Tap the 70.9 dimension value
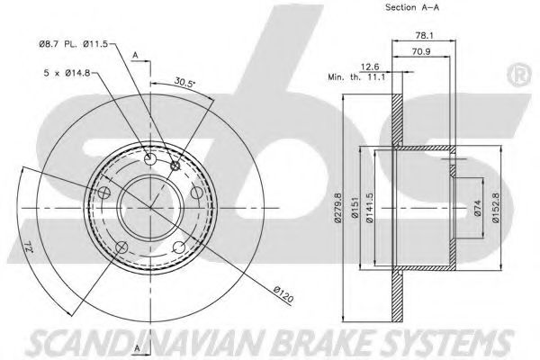tap(420, 51)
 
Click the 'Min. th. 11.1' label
tap(358, 78)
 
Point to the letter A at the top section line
tap(134, 56)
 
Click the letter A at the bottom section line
tap(134, 346)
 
